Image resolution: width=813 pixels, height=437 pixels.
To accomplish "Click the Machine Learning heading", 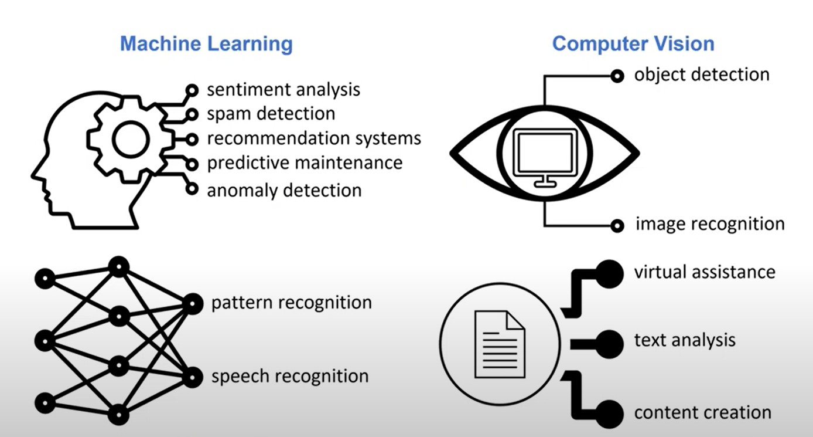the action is (x=206, y=44).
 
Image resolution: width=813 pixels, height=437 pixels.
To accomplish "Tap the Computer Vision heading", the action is (x=633, y=44).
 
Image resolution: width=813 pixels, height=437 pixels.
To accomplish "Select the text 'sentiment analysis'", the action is (x=283, y=90).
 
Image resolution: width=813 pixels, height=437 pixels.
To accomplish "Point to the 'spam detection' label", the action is (x=271, y=114).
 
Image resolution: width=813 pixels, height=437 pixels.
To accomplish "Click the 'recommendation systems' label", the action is (x=314, y=138).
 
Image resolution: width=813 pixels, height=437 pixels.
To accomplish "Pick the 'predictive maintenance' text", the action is (x=305, y=163).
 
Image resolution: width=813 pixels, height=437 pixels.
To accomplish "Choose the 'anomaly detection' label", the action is (x=284, y=191).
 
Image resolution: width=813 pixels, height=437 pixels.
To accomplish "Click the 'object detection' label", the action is (x=702, y=75).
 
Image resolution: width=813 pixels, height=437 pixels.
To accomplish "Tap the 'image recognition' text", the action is (x=710, y=224).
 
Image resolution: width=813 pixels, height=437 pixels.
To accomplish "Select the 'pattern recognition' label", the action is (x=292, y=303).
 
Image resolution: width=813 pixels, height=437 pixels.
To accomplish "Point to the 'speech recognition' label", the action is (x=290, y=376).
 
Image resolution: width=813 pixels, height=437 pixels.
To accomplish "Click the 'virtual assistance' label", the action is (x=705, y=272).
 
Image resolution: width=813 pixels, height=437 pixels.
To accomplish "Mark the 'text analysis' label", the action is (x=685, y=341).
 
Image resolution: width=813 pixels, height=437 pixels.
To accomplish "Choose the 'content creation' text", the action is (x=703, y=412).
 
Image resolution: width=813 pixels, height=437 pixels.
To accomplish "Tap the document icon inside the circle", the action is (x=500, y=344).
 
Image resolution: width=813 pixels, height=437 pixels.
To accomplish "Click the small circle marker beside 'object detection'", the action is (x=617, y=76).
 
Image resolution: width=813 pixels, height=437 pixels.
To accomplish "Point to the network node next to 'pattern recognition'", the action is (x=193, y=304).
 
